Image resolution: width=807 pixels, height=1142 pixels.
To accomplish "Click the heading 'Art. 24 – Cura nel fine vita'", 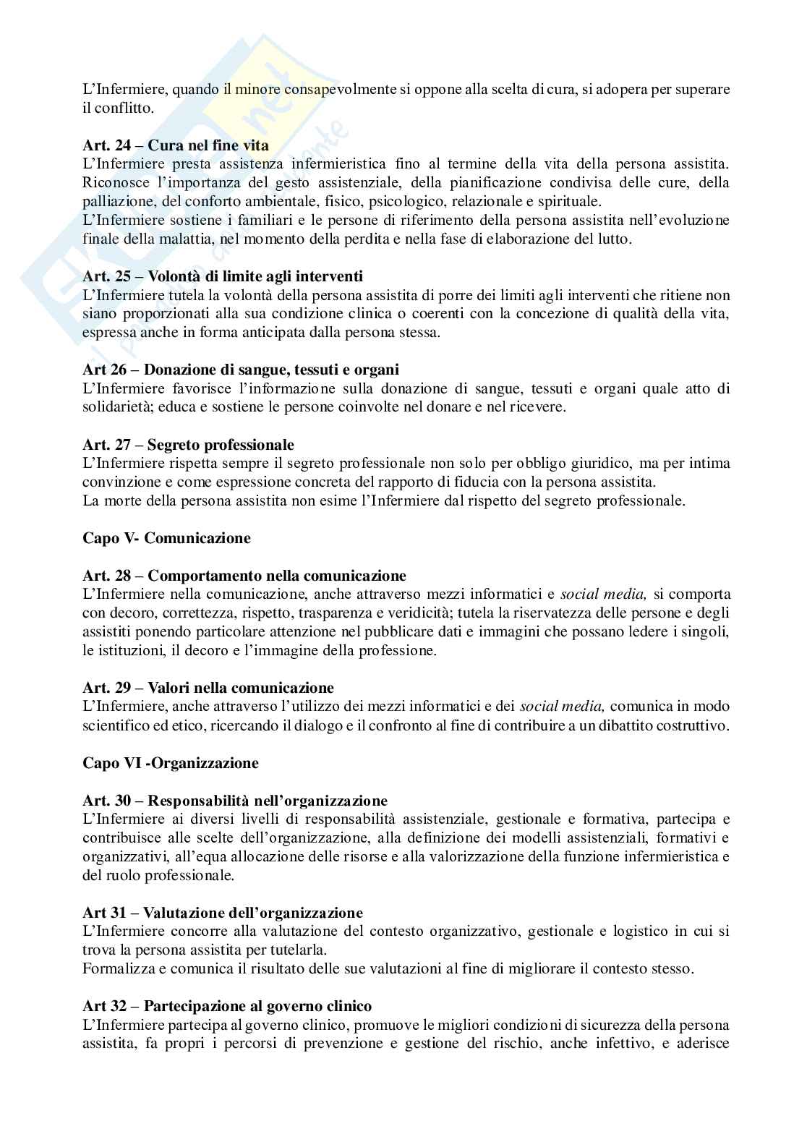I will tap(176, 145).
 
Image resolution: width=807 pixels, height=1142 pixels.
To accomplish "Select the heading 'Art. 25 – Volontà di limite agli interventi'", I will tap(223, 276).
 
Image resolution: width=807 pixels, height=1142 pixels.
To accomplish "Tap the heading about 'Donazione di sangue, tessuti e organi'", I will tap(241, 370).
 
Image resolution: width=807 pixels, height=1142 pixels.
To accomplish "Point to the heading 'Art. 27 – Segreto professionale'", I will tap(189, 445).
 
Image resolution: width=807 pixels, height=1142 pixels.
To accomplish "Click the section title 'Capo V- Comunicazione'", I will tap(166, 538).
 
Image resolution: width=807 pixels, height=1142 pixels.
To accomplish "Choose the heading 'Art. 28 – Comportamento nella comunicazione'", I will tap(244, 576).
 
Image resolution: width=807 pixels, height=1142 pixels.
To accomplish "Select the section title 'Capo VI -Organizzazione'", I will tap(171, 763).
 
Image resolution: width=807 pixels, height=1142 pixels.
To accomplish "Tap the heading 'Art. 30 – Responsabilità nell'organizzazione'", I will tap(235, 801).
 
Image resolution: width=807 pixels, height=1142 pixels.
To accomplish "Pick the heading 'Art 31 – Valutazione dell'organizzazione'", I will tap(223, 913).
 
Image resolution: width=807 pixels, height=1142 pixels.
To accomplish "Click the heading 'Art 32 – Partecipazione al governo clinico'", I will tap(227, 1006).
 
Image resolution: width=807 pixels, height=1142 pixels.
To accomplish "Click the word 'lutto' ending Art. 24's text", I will tap(615, 239).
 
